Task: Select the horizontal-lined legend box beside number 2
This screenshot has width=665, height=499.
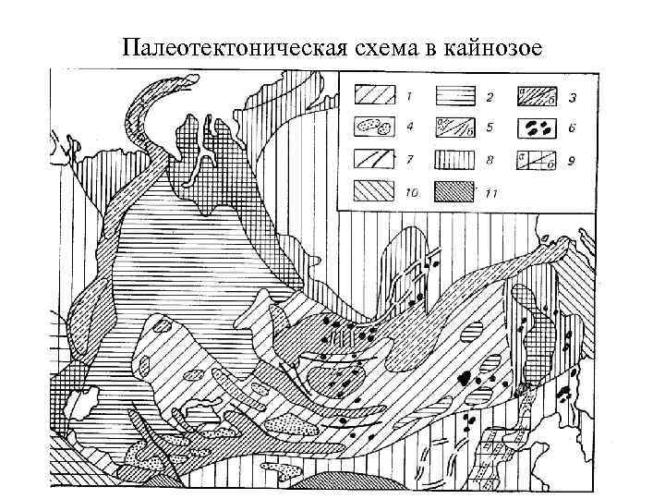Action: click(x=456, y=95)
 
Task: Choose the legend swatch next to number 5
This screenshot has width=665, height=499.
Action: click(x=456, y=127)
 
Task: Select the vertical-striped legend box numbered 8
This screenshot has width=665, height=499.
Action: click(x=456, y=159)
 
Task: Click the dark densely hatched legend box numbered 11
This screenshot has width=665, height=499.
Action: click(x=456, y=191)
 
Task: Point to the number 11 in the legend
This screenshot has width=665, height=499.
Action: click(x=492, y=192)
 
